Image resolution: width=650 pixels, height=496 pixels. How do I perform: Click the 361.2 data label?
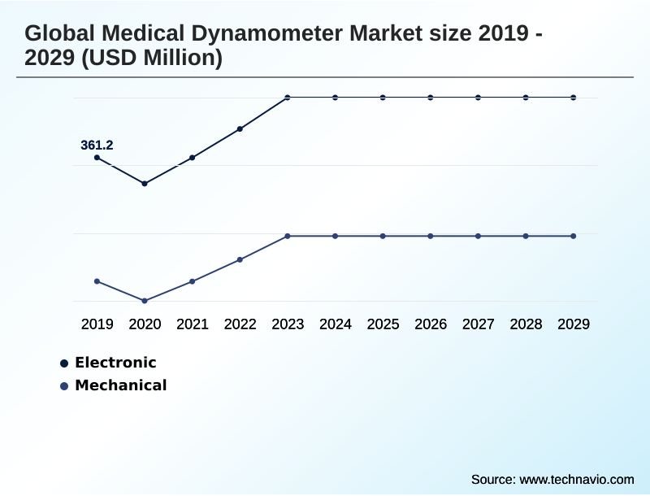97,146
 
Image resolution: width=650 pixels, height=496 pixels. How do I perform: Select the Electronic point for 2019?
97,158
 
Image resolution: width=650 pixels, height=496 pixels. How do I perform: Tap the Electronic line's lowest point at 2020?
145,184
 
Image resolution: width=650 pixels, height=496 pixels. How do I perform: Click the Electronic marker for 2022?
240,128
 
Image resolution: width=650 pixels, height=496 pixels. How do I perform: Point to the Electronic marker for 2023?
288,98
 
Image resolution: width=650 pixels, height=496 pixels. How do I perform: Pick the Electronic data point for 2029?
574,98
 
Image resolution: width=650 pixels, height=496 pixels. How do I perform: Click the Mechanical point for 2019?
97,281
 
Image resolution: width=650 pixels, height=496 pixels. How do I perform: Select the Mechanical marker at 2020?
145,301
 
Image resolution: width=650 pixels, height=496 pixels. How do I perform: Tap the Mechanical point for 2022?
240,259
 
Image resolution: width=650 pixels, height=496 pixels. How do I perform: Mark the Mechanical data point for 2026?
431,236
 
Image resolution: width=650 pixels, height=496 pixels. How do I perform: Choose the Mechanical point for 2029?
574,236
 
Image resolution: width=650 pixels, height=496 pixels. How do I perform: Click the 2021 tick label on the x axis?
193,324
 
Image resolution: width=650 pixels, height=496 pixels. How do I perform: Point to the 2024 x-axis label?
336,324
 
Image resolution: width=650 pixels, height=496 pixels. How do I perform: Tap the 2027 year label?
479,324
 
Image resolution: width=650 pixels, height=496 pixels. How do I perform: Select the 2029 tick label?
574,324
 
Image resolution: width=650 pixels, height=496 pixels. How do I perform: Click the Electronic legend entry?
115,363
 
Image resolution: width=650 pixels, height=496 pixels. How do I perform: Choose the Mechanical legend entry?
120,385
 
